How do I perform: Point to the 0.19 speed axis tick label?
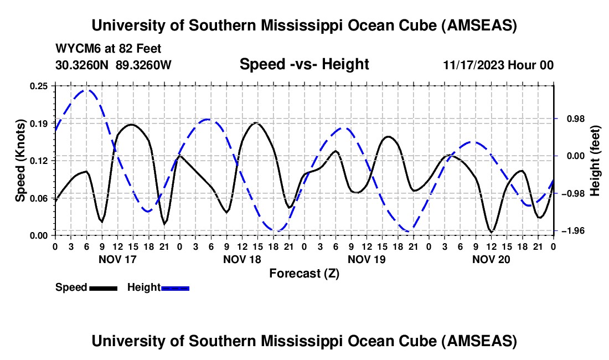tap(40, 123)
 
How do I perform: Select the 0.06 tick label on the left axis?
tap(40, 198)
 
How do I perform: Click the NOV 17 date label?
tap(117, 259)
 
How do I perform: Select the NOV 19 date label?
tap(366, 259)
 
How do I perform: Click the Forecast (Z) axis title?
tap(304, 273)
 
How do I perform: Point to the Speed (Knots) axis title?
tap(20, 161)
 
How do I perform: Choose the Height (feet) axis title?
tap(595, 161)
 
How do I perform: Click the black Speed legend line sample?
tap(103, 288)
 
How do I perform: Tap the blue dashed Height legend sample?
tap(175, 288)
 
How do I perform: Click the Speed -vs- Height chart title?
tap(304, 65)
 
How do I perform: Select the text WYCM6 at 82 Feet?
tap(109, 49)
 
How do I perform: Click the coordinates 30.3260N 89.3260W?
tap(113, 65)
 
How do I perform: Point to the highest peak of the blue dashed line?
tap(86, 90)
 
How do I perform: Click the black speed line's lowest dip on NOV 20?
tap(491, 232)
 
